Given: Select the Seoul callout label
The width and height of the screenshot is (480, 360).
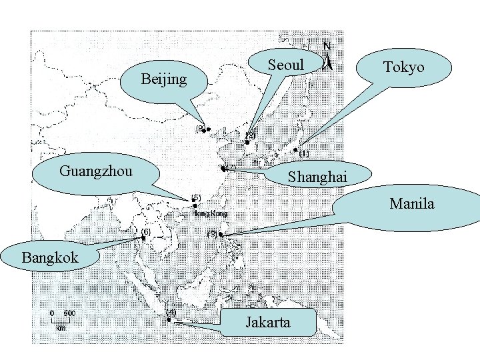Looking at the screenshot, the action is coord(285,65).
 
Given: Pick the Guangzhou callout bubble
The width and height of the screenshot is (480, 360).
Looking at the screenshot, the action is coord(96,171).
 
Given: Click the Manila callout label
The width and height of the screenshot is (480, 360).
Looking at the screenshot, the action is coord(411,204).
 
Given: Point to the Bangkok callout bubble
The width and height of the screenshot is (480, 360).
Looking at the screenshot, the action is coord(50,257).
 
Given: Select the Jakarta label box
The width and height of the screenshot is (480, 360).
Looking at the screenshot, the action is coord(268,323).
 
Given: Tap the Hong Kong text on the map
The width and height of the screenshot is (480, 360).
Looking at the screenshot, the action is coord(210,214).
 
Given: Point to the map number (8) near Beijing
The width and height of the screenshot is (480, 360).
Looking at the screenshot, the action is coord(200,128).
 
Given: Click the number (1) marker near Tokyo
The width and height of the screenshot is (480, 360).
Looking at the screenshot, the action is coord(304,154).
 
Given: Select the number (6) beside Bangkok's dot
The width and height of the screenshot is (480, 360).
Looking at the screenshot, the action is coord(145,231).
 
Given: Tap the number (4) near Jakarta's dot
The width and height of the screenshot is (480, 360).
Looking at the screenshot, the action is coord(171,311).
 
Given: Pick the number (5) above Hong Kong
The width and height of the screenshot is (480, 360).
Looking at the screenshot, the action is coord(196,197).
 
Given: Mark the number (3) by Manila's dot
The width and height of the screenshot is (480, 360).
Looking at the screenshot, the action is coord(213,235).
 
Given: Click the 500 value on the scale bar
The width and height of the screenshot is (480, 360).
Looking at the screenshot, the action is coord(69,313).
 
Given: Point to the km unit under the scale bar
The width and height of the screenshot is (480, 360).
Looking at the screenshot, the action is coord(61,328).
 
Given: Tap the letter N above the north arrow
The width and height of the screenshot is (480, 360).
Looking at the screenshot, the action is coord(327,46).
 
